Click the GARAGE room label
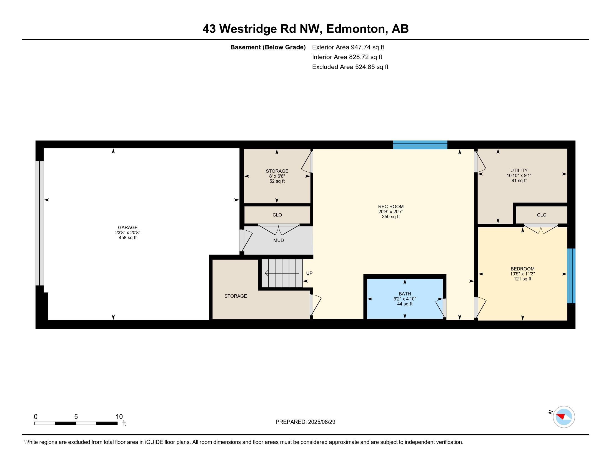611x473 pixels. coord(127,228)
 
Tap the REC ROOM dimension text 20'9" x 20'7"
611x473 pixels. coord(391,212)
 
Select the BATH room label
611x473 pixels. coord(405,294)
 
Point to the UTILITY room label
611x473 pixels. coord(519,170)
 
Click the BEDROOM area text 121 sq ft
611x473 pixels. coord(522,279)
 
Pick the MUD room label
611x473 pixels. coord(278,240)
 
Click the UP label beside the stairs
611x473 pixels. coord(309,273)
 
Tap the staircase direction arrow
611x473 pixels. coord(281,273)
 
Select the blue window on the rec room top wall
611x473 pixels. coord(420,145)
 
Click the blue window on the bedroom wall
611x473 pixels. coord(571,276)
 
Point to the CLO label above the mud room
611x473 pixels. coord(277,215)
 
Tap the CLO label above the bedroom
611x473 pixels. coord(542,215)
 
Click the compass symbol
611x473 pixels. coord(564,417)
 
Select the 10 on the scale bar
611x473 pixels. coord(119,417)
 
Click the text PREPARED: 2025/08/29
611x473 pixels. coord(305,422)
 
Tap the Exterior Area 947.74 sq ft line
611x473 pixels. coord(348,47)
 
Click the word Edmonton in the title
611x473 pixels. coord(355,29)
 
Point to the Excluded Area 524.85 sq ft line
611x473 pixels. coord(350,67)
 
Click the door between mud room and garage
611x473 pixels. coord(246,240)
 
